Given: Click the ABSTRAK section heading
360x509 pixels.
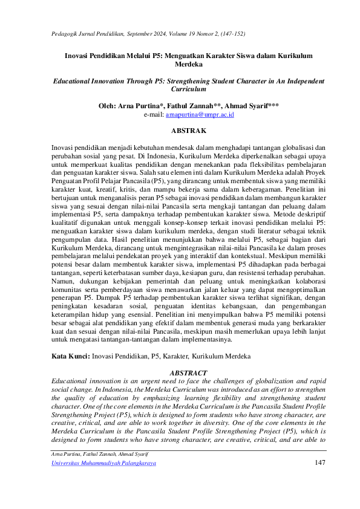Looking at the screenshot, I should (189, 131).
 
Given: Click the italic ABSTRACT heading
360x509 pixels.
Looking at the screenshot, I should (189, 373).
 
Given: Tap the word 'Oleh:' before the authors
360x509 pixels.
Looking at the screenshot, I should (109, 105).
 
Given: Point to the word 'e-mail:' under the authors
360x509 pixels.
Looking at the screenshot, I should (154, 114).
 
